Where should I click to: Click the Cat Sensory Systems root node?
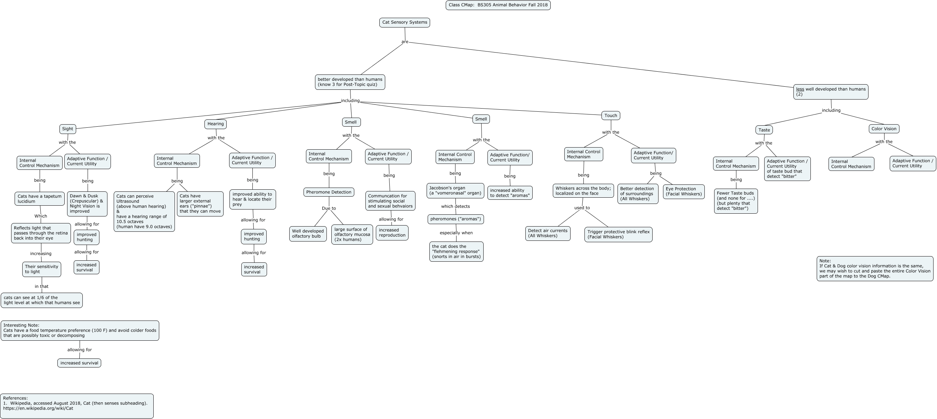(x=404, y=23)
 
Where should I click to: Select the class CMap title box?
(x=498, y=5)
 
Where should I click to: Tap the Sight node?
(x=68, y=129)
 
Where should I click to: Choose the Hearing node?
(x=215, y=124)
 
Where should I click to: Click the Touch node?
(x=611, y=116)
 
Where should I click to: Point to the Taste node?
(x=764, y=130)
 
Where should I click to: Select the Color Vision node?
(x=884, y=129)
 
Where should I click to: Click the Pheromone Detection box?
(x=329, y=192)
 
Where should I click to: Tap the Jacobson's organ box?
(x=455, y=191)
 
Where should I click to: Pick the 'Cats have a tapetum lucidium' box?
(x=40, y=199)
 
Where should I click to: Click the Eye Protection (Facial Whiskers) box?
(x=684, y=191)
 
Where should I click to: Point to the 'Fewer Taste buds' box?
(x=736, y=201)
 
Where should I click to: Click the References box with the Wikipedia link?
(x=77, y=406)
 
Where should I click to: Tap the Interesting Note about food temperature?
(x=80, y=331)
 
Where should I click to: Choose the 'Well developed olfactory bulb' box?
(x=308, y=234)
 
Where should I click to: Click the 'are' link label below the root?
(x=405, y=42)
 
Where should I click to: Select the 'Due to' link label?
(x=329, y=208)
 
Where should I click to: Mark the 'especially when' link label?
(x=456, y=233)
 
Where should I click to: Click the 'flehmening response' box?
(x=456, y=252)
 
